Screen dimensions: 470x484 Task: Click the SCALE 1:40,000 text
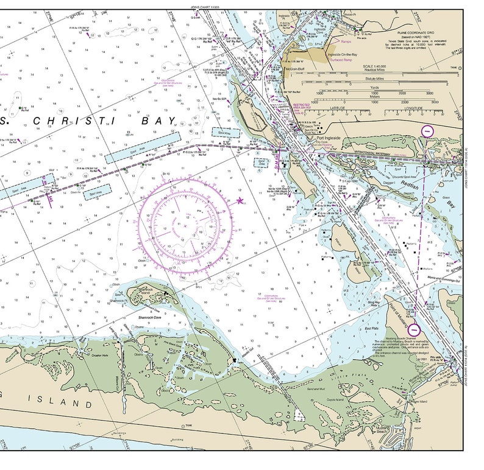click(x=374, y=66)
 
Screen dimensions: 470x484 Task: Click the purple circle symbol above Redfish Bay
click(x=428, y=130)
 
